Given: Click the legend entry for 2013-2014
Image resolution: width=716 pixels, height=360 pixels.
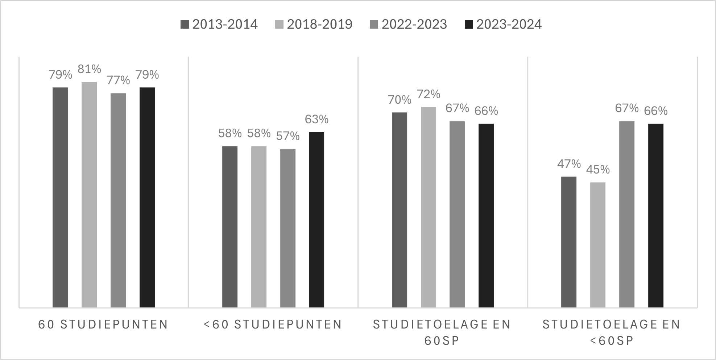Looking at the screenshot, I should coord(219,24).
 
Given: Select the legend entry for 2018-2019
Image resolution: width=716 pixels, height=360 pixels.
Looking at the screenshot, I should coord(314,24).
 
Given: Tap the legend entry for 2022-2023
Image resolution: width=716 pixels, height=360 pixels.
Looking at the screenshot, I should coord(408,24).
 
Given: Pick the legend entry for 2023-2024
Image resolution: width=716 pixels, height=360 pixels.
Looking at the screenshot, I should coord(503,24).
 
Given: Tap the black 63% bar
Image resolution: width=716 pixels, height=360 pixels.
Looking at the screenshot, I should coord(316,220).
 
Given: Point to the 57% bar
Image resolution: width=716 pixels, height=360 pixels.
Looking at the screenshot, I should coord(288,228).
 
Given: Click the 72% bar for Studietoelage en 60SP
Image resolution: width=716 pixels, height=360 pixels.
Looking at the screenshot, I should coord(429,207).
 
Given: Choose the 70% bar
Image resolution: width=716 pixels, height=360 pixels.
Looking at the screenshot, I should coord(400,210).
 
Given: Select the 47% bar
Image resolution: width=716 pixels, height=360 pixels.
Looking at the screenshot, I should coord(569,242).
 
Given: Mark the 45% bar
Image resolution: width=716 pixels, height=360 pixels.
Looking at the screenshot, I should coord(598,245).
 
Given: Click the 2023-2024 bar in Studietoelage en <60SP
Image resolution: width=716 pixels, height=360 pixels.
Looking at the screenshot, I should coord(656,215).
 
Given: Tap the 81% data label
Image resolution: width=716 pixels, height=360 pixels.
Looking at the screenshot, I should coord(89,69).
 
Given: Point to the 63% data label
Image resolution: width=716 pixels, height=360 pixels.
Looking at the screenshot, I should coord(316,119).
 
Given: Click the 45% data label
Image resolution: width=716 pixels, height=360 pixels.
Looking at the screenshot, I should coord(598,169).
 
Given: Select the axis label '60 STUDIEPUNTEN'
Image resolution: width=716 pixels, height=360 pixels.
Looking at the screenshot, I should coord(103,324).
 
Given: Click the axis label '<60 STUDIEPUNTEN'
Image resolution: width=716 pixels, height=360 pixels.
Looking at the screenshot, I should coord(273,324).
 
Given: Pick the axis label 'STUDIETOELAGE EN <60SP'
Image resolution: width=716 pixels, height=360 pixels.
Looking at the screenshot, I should coord(612,332).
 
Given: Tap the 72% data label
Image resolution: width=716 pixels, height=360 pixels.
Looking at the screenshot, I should coord(429,94).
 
